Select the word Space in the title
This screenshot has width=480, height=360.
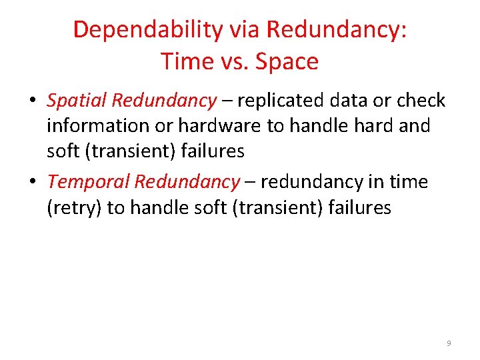point(287,62)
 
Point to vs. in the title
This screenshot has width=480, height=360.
point(233,62)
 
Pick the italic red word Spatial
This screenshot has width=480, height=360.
point(77,101)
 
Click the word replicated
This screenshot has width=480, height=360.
point(279,101)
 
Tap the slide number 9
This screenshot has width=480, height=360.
point(449,343)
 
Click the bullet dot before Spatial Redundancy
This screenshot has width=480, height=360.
point(31,101)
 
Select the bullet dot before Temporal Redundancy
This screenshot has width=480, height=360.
point(31,182)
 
